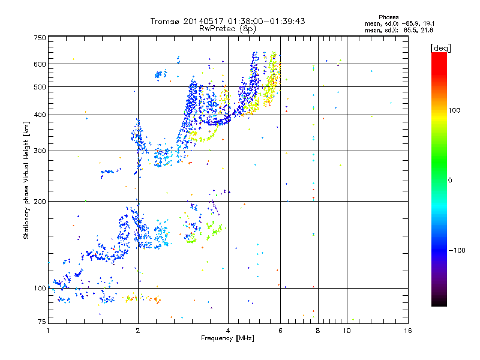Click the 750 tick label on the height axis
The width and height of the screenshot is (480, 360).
point(40,38)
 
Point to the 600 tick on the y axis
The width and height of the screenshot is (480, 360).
point(40,64)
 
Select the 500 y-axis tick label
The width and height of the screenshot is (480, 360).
point(40,87)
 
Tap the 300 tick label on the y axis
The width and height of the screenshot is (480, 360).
point(40,151)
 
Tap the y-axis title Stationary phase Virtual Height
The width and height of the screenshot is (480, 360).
point(26,180)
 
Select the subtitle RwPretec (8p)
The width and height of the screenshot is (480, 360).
point(228,28)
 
